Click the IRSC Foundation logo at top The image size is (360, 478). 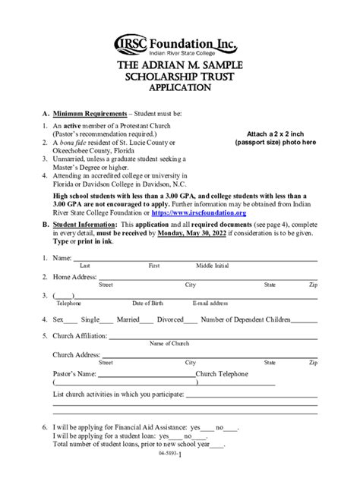[179, 45]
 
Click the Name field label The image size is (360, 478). [62, 259]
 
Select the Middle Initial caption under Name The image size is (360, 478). [212, 266]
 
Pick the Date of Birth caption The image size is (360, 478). [147, 303]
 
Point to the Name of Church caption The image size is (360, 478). [169, 344]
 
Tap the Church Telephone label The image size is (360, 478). [221, 373]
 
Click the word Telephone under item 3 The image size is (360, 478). [68, 303]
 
